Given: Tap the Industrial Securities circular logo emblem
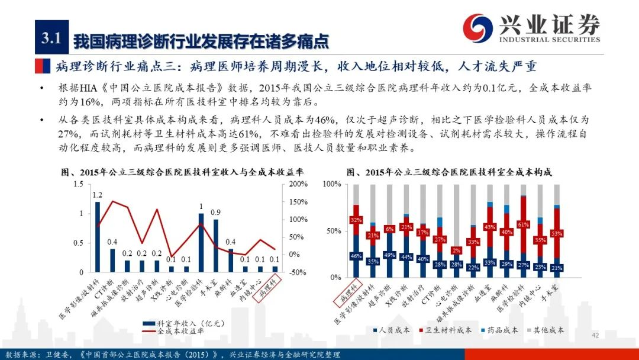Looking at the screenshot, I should point(477,27).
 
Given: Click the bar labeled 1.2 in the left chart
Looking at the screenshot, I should point(98,237).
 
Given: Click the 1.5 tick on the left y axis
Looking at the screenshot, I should point(79,184).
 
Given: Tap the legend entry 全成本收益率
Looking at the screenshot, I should point(180,332).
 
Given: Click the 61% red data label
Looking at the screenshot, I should point(523,225).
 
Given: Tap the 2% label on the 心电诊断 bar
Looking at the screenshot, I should point(456,251).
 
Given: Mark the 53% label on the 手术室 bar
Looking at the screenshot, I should point(556,233).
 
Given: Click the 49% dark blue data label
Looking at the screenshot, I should point(389,255).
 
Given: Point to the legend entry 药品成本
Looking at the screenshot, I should point(499,330).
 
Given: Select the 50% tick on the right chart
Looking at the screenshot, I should point(333,230).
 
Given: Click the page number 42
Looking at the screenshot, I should point(596,336).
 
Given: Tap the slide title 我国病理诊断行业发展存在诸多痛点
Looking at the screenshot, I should point(201,41).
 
